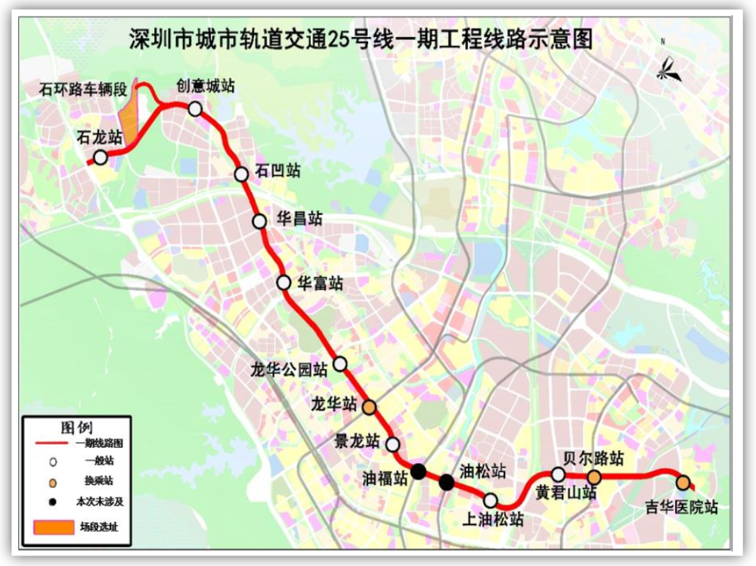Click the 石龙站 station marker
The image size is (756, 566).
(x=100, y=157)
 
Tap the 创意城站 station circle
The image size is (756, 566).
(x=195, y=109)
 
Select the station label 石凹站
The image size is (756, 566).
(x=278, y=171)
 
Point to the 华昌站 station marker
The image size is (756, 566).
(x=259, y=221)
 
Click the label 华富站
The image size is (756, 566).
(x=320, y=284)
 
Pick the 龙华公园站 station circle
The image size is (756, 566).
(x=340, y=364)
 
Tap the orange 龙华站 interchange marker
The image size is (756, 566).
(x=369, y=407)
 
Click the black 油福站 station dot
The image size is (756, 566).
(x=419, y=471)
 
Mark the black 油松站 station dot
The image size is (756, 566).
(x=447, y=482)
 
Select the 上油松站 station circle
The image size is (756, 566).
(x=490, y=500)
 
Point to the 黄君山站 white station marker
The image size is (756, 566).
(x=558, y=474)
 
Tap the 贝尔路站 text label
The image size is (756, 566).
(x=594, y=459)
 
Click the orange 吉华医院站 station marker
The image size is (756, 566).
(x=683, y=483)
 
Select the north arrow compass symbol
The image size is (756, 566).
(x=668, y=70)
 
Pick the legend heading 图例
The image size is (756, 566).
(x=76, y=424)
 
